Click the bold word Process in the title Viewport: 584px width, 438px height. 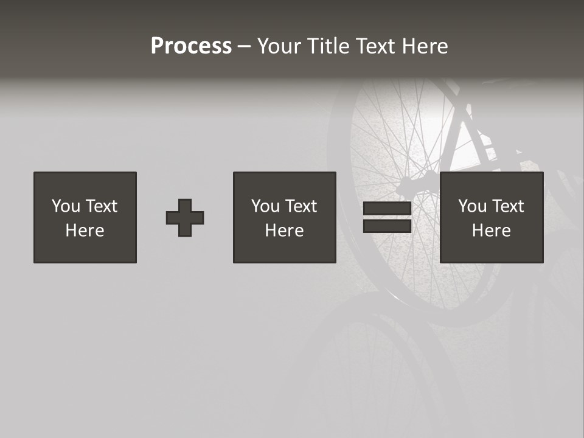tap(191, 46)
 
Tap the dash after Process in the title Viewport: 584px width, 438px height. tap(244, 47)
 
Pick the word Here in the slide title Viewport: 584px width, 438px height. tap(426, 46)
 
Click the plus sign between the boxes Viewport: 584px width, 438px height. tap(185, 218)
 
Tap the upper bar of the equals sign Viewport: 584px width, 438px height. tap(387, 209)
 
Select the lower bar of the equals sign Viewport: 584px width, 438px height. tap(387, 226)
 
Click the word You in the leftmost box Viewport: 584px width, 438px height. tap(66, 206)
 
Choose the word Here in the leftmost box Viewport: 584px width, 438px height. tap(85, 231)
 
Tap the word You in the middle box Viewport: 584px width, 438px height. tap(265, 206)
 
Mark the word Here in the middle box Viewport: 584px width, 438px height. tap(284, 231)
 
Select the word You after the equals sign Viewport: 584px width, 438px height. tap(472, 206)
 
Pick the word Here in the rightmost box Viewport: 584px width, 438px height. tap(491, 231)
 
